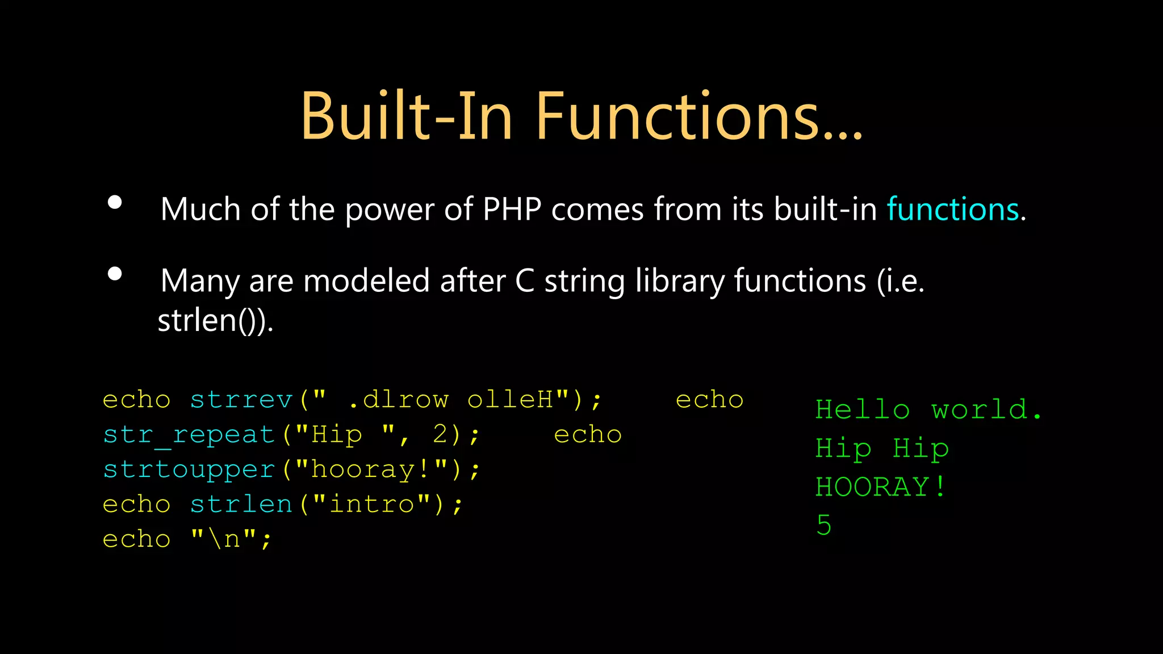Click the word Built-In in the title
coord(407,116)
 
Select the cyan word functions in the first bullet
coord(953,209)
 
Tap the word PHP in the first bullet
coord(512,209)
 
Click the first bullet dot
coord(115,203)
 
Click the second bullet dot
coord(115,274)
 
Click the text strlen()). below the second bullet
coord(215,321)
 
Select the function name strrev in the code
coord(241,400)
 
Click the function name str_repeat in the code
coord(189,435)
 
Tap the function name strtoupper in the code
coord(189,470)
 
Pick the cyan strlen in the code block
coord(241,505)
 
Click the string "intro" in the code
coord(372,505)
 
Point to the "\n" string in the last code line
coord(224,539)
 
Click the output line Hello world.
coord(928,410)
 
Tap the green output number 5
coord(824,525)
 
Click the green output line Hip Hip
coord(882,448)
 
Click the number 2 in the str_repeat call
coord(441,435)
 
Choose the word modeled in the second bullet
coord(366,281)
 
